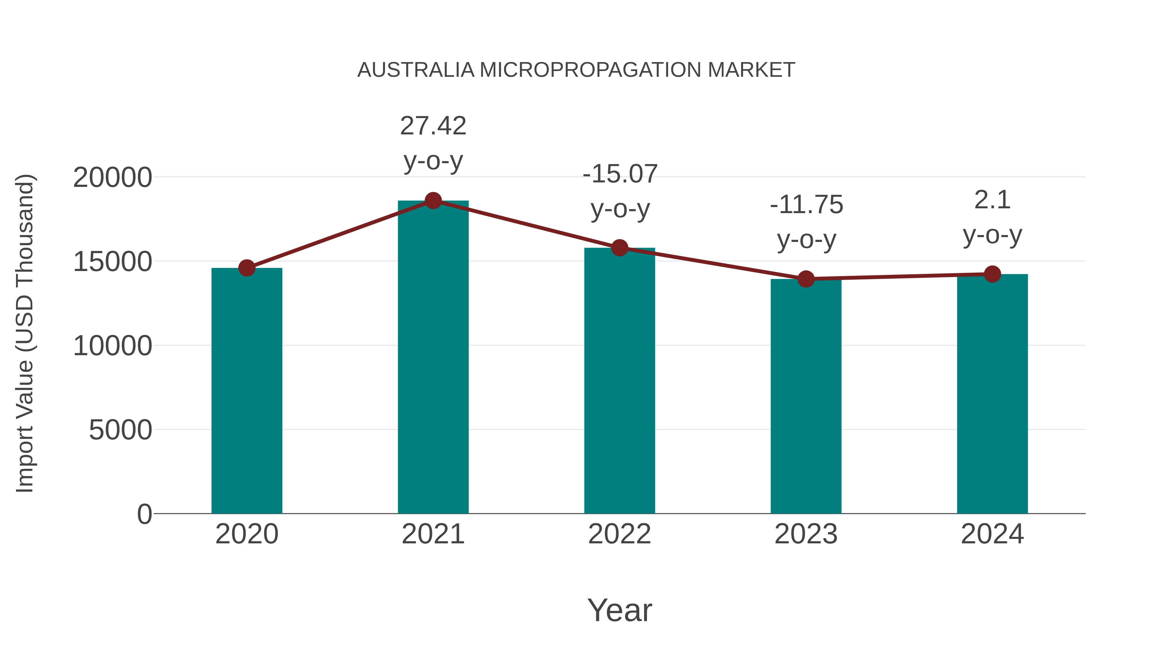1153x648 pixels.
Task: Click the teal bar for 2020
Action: [247, 391]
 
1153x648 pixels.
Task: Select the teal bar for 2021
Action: [433, 358]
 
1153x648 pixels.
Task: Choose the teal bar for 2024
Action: [992, 394]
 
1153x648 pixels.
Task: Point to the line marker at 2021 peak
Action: [433, 201]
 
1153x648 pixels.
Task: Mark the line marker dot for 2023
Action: [806, 279]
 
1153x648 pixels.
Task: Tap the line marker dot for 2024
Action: [992, 274]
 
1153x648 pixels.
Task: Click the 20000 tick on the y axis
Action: [112, 178]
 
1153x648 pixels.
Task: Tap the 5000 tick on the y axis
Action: [120, 430]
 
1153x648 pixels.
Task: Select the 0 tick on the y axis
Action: [144, 514]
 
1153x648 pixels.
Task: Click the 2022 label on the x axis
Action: [619, 534]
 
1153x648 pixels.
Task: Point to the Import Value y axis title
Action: [25, 333]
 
